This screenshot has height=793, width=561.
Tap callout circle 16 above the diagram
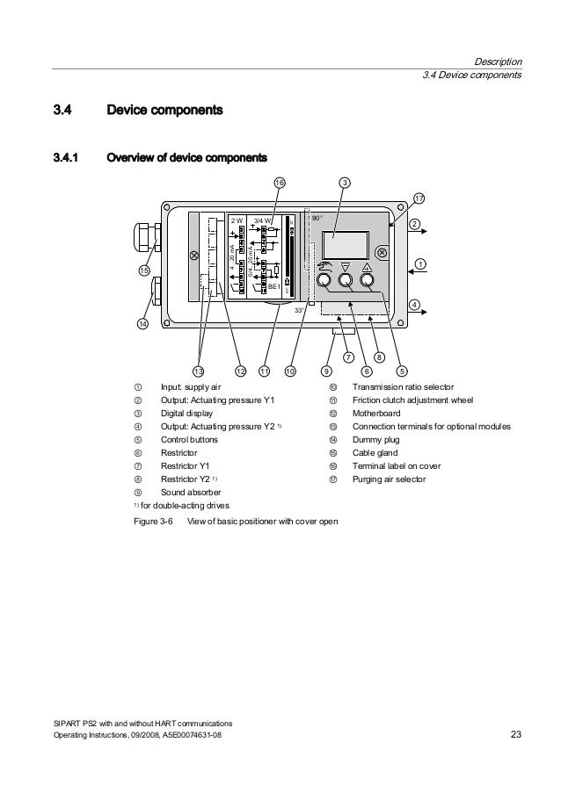[x=279, y=183]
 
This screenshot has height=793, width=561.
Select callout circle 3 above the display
[x=346, y=183]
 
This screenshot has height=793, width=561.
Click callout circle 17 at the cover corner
[x=419, y=199]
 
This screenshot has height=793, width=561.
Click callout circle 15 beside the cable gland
[x=143, y=270]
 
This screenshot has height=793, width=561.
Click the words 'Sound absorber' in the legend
[x=188, y=493]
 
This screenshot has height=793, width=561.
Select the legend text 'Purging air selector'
[x=389, y=479]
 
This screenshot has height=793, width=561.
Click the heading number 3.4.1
[x=66, y=159]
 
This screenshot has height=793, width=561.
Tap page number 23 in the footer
[x=516, y=734]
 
